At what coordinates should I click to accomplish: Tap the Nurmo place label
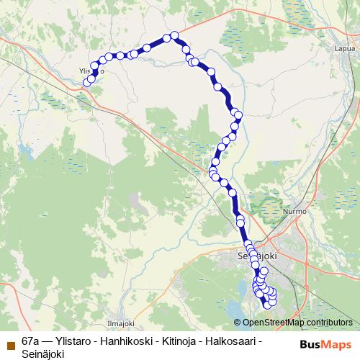click(x=296, y=212)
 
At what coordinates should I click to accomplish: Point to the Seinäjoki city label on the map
click(x=257, y=256)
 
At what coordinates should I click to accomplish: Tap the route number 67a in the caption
click(x=31, y=340)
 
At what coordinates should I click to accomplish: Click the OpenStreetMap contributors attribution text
click(x=297, y=323)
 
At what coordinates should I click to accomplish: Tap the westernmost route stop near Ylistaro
click(x=87, y=82)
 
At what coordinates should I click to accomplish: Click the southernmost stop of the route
click(x=268, y=305)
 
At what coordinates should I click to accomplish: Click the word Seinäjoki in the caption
click(x=42, y=352)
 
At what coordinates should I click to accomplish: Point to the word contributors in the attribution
click(x=327, y=323)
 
